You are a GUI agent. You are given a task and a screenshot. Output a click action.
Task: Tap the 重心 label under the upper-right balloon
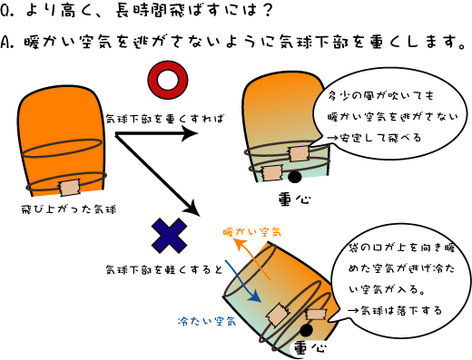(x=290, y=197)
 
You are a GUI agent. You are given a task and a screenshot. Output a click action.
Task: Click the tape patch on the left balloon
(x=70, y=187)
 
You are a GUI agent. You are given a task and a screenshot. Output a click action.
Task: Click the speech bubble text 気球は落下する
(x=391, y=309)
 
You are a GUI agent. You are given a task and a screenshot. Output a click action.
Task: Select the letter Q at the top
(x=8, y=12)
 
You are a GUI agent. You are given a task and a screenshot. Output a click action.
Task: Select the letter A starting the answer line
(x=8, y=43)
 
